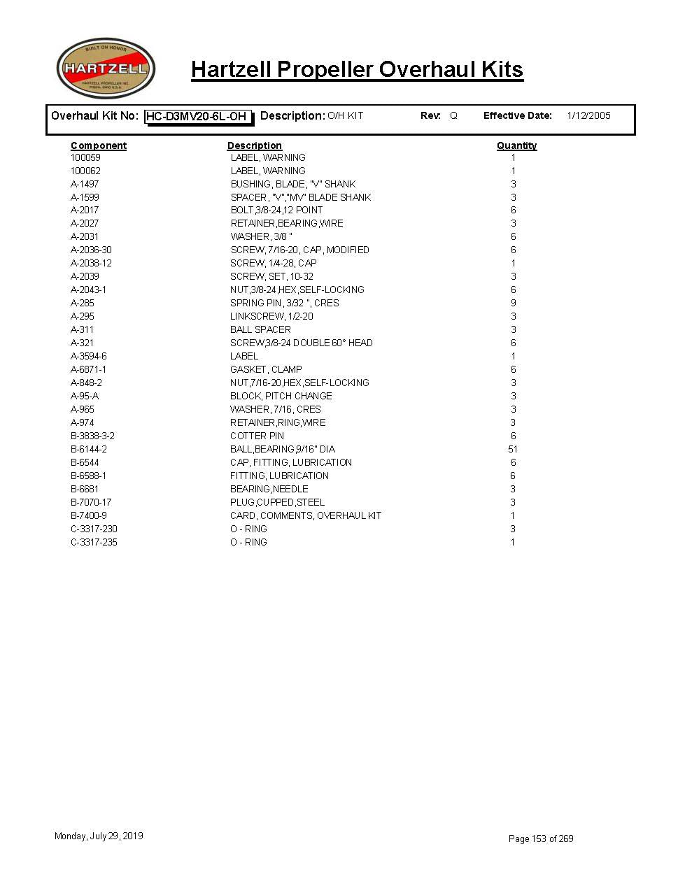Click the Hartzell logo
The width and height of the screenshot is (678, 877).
(x=106, y=69)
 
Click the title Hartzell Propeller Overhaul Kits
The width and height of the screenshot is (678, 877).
(x=357, y=69)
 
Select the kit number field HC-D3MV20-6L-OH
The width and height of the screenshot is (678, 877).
(x=198, y=116)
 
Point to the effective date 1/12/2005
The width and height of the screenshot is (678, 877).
(x=588, y=115)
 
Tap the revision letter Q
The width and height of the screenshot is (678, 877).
(x=453, y=115)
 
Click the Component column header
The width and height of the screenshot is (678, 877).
(x=99, y=145)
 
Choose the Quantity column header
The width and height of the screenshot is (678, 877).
(x=516, y=145)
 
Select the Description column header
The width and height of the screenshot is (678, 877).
(x=254, y=145)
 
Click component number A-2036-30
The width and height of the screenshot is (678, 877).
(x=91, y=250)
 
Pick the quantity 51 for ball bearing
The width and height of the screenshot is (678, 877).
(x=513, y=449)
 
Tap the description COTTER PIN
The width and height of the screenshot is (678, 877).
(x=257, y=436)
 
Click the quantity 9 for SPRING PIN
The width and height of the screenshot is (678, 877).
(x=513, y=303)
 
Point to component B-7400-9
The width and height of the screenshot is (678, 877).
(x=89, y=515)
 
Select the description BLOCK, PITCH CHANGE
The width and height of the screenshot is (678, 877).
(x=281, y=396)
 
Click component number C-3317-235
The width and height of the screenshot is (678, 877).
(x=94, y=542)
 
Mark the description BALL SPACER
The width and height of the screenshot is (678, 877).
(x=260, y=329)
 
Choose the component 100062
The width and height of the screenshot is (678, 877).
(x=85, y=171)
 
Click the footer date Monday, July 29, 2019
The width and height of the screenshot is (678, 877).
(x=99, y=836)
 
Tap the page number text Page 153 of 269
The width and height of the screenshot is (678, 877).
(x=541, y=839)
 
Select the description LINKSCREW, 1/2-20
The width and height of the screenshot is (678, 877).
(x=271, y=316)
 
